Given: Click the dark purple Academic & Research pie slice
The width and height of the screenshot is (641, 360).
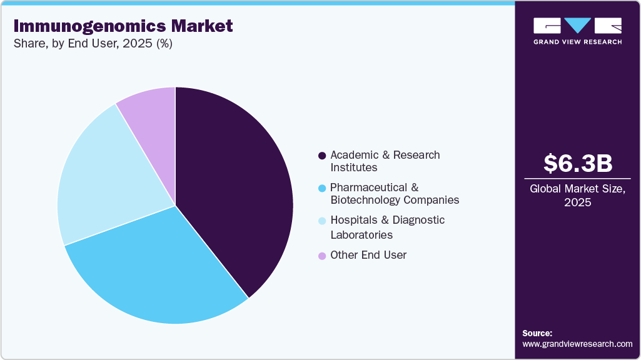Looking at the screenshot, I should click(238, 187).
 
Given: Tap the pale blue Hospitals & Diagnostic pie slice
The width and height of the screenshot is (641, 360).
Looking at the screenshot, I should click(106, 181).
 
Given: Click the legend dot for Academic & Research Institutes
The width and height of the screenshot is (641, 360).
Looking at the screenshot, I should click(322, 156).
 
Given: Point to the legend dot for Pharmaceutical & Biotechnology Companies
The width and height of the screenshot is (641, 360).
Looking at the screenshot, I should click(322, 188).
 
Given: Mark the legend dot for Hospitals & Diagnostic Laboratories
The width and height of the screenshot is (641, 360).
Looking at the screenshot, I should click(322, 221).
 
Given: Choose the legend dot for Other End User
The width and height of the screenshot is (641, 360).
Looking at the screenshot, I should click(322, 256).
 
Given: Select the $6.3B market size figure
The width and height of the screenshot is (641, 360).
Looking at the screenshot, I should click(577, 163).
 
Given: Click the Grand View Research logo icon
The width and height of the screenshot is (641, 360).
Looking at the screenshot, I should click(577, 25).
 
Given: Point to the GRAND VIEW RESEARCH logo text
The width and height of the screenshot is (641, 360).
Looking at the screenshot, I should click(577, 42).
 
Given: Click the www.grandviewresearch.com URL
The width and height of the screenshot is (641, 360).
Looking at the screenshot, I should click(577, 344).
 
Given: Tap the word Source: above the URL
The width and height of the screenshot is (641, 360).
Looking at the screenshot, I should click(537, 333).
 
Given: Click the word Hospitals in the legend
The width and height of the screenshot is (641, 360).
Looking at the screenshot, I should click(354, 220).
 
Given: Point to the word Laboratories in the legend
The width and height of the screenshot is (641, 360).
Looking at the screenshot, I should click(361, 235).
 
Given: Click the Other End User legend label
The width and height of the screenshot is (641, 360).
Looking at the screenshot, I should click(368, 255).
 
